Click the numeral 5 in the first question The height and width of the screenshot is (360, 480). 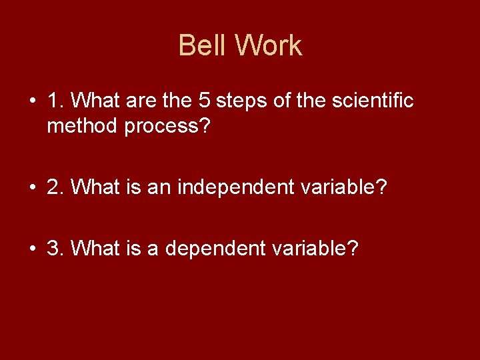pos(205,101)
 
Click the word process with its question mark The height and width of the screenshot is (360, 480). pos(167,127)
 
